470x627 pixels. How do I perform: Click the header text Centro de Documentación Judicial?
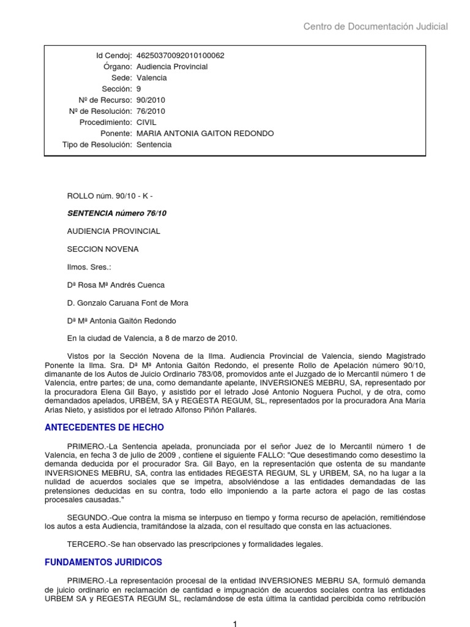pyautogui.click(x=376, y=26)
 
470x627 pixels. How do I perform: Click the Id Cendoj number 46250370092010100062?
pyautogui.click(x=180, y=56)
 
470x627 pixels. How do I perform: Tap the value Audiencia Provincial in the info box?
pyautogui.click(x=172, y=67)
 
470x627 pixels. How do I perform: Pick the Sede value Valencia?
pyautogui.click(x=151, y=78)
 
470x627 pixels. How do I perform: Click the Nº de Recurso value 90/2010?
pyautogui.click(x=151, y=100)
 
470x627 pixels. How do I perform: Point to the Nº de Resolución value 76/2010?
pyautogui.click(x=151, y=111)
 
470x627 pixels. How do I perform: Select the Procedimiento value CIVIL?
pyautogui.click(x=147, y=122)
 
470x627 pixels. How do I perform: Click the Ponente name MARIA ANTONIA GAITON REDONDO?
pyautogui.click(x=205, y=133)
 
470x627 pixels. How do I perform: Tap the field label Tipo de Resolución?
pyautogui.click(x=97, y=145)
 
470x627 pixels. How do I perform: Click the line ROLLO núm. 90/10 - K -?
pyautogui.click(x=110, y=196)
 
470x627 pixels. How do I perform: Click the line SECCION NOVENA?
pyautogui.click(x=103, y=249)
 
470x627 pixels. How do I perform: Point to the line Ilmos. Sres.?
pyautogui.click(x=89, y=267)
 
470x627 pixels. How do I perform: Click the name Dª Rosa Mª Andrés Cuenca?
pyautogui.click(x=116, y=285)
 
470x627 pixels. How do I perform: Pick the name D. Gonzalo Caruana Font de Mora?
pyautogui.click(x=127, y=302)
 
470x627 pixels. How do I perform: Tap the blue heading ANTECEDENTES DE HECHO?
pyautogui.click(x=105, y=427)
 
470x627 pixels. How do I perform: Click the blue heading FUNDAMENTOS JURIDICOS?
pyautogui.click(x=103, y=561)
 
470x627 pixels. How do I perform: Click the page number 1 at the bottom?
pyautogui.click(x=234, y=623)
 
